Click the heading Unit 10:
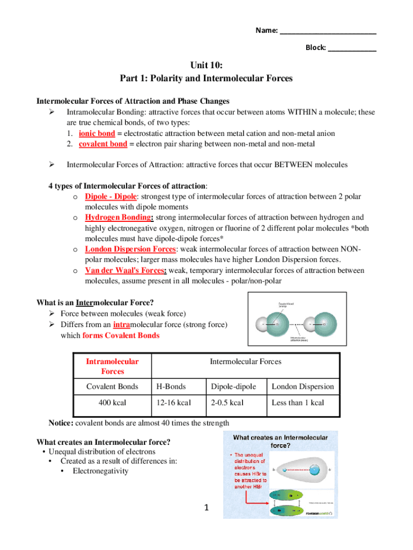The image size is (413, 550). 206,66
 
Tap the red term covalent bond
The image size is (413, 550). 103,144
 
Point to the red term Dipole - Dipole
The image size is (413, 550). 112,197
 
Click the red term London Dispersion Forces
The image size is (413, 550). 130,249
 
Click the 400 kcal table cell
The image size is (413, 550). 112,403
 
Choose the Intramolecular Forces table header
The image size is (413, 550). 112,366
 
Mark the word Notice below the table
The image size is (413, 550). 61,423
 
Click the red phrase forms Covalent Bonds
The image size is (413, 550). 121,336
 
